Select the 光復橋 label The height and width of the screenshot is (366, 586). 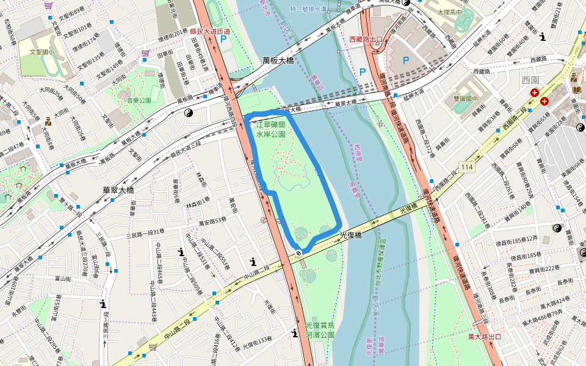pyautogui.click(x=351, y=234)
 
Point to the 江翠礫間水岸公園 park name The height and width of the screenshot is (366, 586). pyautogui.click(x=271, y=128)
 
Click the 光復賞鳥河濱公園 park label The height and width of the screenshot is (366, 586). pyautogui.click(x=320, y=330)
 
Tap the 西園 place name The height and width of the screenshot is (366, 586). pyautogui.click(x=531, y=80)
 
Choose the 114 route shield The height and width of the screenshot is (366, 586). pyautogui.click(x=467, y=167)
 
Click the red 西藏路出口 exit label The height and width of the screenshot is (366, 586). pyautogui.click(x=366, y=40)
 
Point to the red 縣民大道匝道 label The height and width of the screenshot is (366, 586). pyautogui.click(x=210, y=31)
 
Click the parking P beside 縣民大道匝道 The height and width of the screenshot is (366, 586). pyautogui.click(x=223, y=38)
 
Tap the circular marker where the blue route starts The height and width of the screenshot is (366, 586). pyautogui.click(x=298, y=253)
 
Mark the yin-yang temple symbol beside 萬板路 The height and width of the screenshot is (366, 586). pyautogui.click(x=188, y=113)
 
